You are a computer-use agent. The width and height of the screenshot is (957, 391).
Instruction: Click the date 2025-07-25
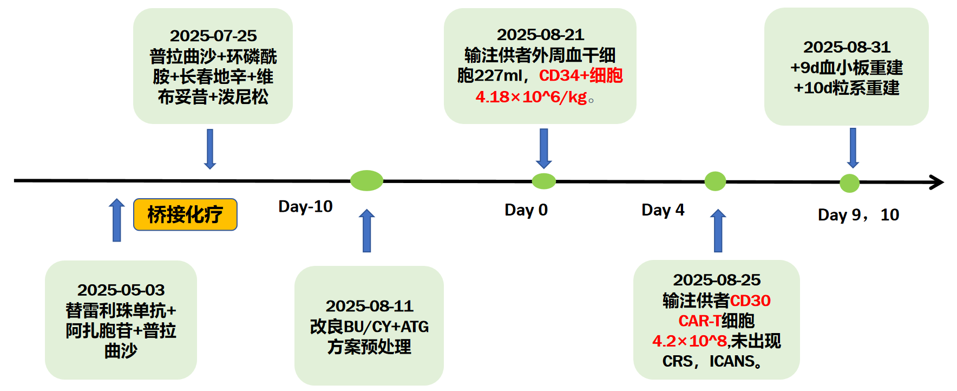213,36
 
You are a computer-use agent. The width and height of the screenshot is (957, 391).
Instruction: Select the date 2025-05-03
121,290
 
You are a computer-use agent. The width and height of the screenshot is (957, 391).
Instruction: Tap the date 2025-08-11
369,307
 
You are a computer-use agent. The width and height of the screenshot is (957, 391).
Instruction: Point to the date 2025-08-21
540,35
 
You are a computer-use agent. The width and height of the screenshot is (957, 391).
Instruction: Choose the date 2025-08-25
717,280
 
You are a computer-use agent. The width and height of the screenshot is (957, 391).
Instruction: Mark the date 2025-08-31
847,47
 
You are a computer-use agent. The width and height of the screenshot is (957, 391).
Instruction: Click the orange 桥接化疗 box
185,214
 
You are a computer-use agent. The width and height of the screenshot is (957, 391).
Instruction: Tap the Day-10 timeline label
305,206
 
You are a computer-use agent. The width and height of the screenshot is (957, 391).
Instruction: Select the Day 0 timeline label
526,210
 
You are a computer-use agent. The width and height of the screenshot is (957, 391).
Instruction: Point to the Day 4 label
663,210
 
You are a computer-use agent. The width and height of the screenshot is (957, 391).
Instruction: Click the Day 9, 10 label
858,215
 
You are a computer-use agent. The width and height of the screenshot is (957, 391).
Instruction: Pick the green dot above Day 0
543,181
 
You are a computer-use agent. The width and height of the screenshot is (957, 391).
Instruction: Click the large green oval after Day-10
366,180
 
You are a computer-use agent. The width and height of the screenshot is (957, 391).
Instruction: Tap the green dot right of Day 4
715,181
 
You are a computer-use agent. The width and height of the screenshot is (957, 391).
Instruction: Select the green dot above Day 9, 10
849,183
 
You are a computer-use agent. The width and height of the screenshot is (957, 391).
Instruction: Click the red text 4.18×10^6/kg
531,97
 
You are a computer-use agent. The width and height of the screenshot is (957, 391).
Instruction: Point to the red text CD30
750,301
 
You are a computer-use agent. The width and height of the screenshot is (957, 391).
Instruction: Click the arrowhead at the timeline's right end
937,182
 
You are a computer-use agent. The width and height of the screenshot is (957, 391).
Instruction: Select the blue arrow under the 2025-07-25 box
210,149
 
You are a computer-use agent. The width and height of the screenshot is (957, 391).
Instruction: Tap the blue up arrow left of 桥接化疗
116,220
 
